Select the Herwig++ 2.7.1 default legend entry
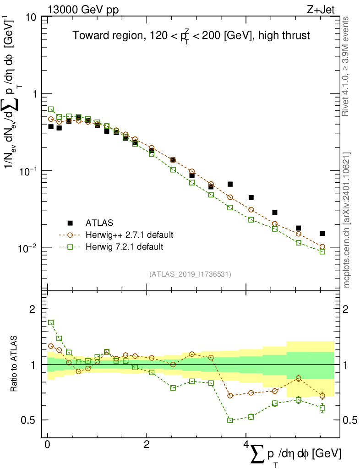point(130,235)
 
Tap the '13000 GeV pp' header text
point(83,8)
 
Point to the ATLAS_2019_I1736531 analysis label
point(190,274)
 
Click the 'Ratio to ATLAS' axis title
point(14,364)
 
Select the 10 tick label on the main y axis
point(32,18)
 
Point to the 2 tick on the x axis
point(146,445)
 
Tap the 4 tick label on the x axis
point(245,445)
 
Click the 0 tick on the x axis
point(47,445)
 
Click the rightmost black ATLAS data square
point(322,233)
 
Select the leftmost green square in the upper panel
point(51,109)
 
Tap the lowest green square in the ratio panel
point(230,420)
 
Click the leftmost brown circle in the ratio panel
point(51,346)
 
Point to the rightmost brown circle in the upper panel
point(322,246)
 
